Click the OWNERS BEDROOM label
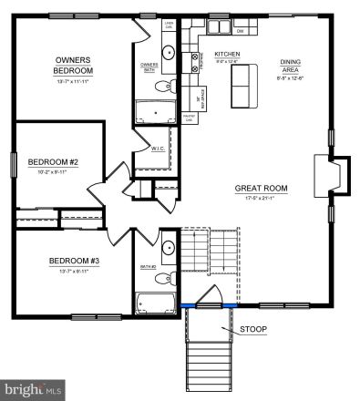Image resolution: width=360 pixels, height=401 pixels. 70,65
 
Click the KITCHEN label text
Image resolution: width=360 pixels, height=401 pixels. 226,55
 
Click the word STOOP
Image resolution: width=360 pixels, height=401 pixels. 253,328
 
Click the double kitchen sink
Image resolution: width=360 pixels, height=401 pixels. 193,63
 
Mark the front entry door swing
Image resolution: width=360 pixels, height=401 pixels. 211,297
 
